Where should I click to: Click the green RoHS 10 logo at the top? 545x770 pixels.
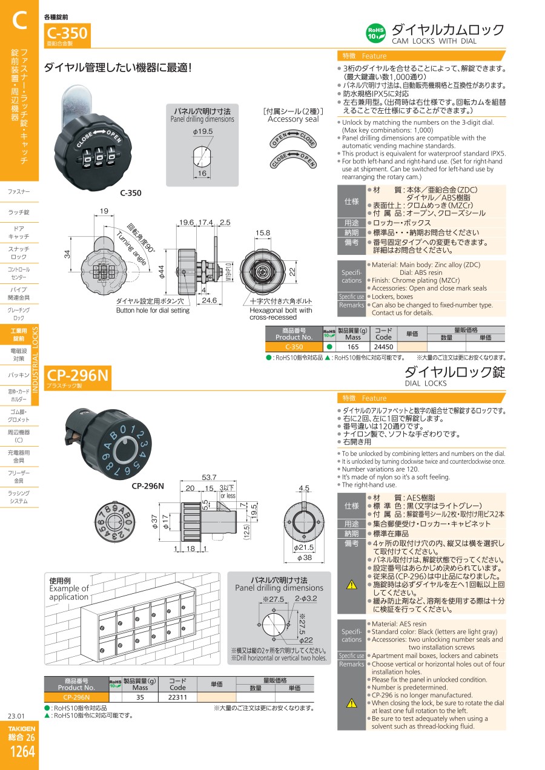[375, 33]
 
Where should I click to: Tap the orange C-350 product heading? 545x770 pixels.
[67, 33]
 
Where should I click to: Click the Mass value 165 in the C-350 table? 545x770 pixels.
[353, 347]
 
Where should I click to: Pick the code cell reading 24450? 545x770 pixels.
[383, 347]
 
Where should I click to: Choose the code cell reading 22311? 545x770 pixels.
[177, 697]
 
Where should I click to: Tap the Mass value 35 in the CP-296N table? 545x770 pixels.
[140, 697]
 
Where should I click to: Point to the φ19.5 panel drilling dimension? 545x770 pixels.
[202, 131]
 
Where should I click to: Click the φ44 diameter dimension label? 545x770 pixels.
[161, 272]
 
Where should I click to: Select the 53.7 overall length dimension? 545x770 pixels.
[209, 477]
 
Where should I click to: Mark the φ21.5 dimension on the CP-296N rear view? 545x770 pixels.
[303, 547]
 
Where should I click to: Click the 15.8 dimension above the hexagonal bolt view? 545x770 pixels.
[263, 232]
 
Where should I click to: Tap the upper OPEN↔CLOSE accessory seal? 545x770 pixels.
[293, 138]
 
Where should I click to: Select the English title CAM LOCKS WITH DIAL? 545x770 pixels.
[434, 41]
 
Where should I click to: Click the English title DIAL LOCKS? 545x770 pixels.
[426, 383]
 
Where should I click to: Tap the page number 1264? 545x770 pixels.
[22, 751]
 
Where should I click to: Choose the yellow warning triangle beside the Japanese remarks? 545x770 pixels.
[351, 585]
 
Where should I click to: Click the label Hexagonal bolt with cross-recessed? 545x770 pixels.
[280, 314]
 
